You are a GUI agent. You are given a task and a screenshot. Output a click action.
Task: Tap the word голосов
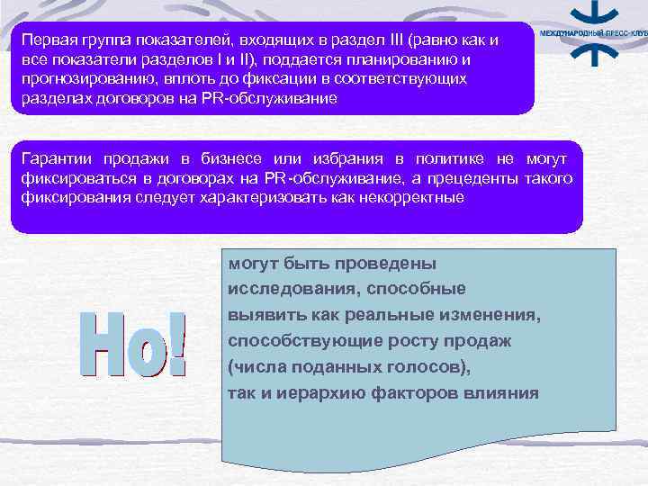tap(430, 367)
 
